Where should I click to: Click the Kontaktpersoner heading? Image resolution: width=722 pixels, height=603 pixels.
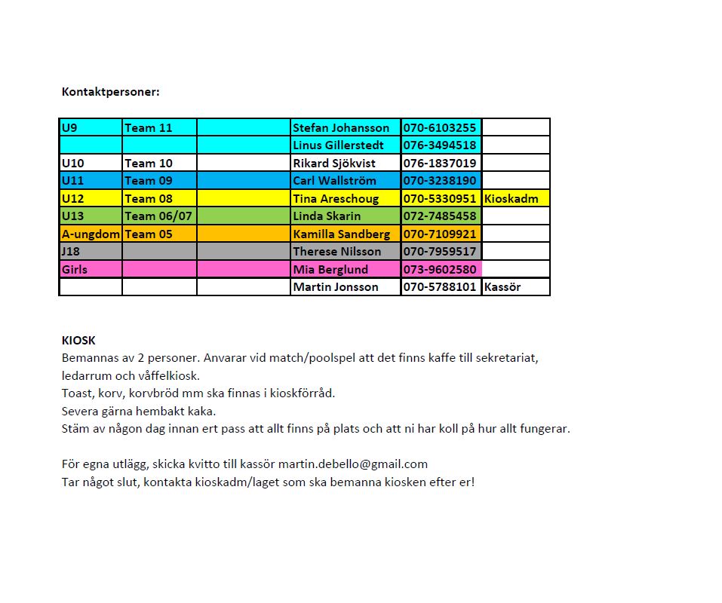pyautogui.click(x=110, y=92)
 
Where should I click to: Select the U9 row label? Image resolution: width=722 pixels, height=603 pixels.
pyautogui.click(x=69, y=128)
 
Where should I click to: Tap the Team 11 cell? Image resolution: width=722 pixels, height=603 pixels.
pyautogui.click(x=149, y=128)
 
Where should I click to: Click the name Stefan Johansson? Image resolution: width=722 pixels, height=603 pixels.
pyautogui.click(x=341, y=128)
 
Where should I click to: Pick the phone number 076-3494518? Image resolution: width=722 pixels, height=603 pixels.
pyautogui.click(x=440, y=145)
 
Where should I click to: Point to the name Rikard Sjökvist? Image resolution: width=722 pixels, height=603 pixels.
pyautogui.click(x=333, y=164)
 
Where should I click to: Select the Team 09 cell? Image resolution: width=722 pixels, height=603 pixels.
pyautogui.click(x=149, y=181)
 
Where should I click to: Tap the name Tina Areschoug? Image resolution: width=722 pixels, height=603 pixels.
pyautogui.click(x=336, y=199)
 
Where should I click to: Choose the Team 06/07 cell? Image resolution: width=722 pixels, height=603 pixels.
pyautogui.click(x=158, y=216)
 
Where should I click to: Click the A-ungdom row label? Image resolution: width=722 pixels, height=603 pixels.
pyautogui.click(x=91, y=234)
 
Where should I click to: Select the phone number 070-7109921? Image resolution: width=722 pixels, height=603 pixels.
pyautogui.click(x=440, y=234)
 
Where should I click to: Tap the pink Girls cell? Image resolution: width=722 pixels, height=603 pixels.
pyautogui.click(x=75, y=270)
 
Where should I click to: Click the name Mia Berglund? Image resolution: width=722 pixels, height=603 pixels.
pyautogui.click(x=330, y=270)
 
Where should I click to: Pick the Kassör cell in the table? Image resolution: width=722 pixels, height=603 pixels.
pyautogui.click(x=502, y=287)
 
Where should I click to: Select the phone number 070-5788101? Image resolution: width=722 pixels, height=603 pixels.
pyautogui.click(x=440, y=287)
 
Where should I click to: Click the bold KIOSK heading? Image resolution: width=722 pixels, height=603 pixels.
pyautogui.click(x=78, y=341)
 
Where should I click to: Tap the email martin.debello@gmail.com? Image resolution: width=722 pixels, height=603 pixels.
pyautogui.click(x=353, y=464)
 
